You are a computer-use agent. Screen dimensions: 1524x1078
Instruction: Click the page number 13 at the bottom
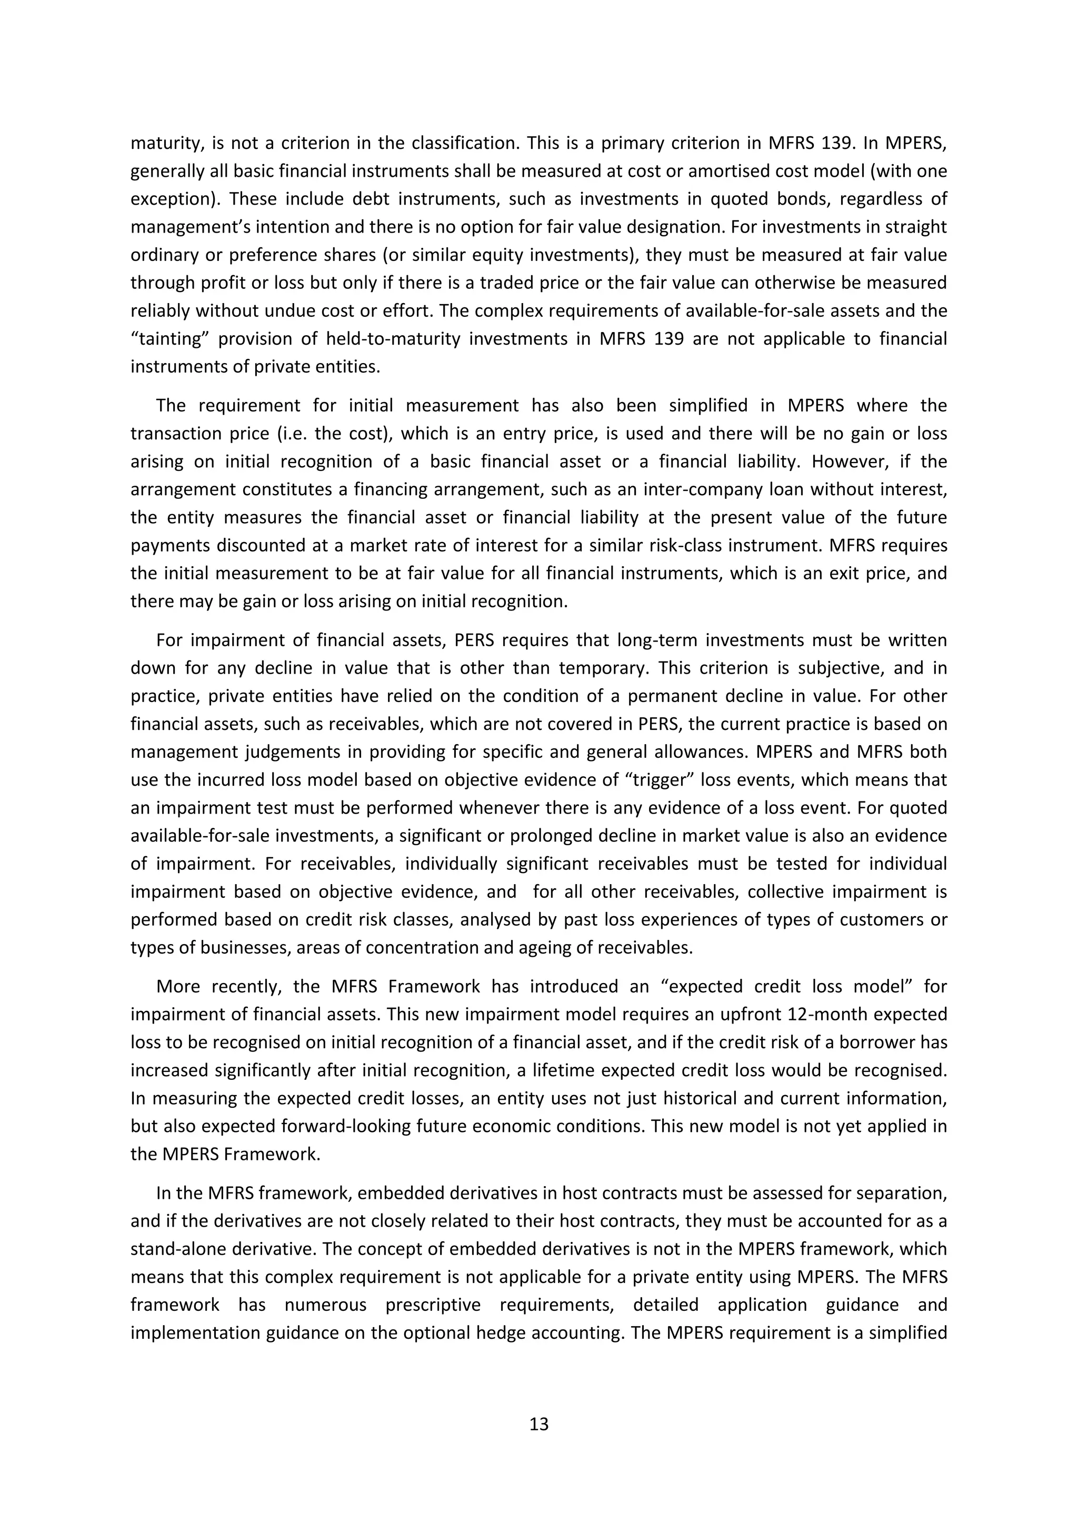(x=539, y=1425)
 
